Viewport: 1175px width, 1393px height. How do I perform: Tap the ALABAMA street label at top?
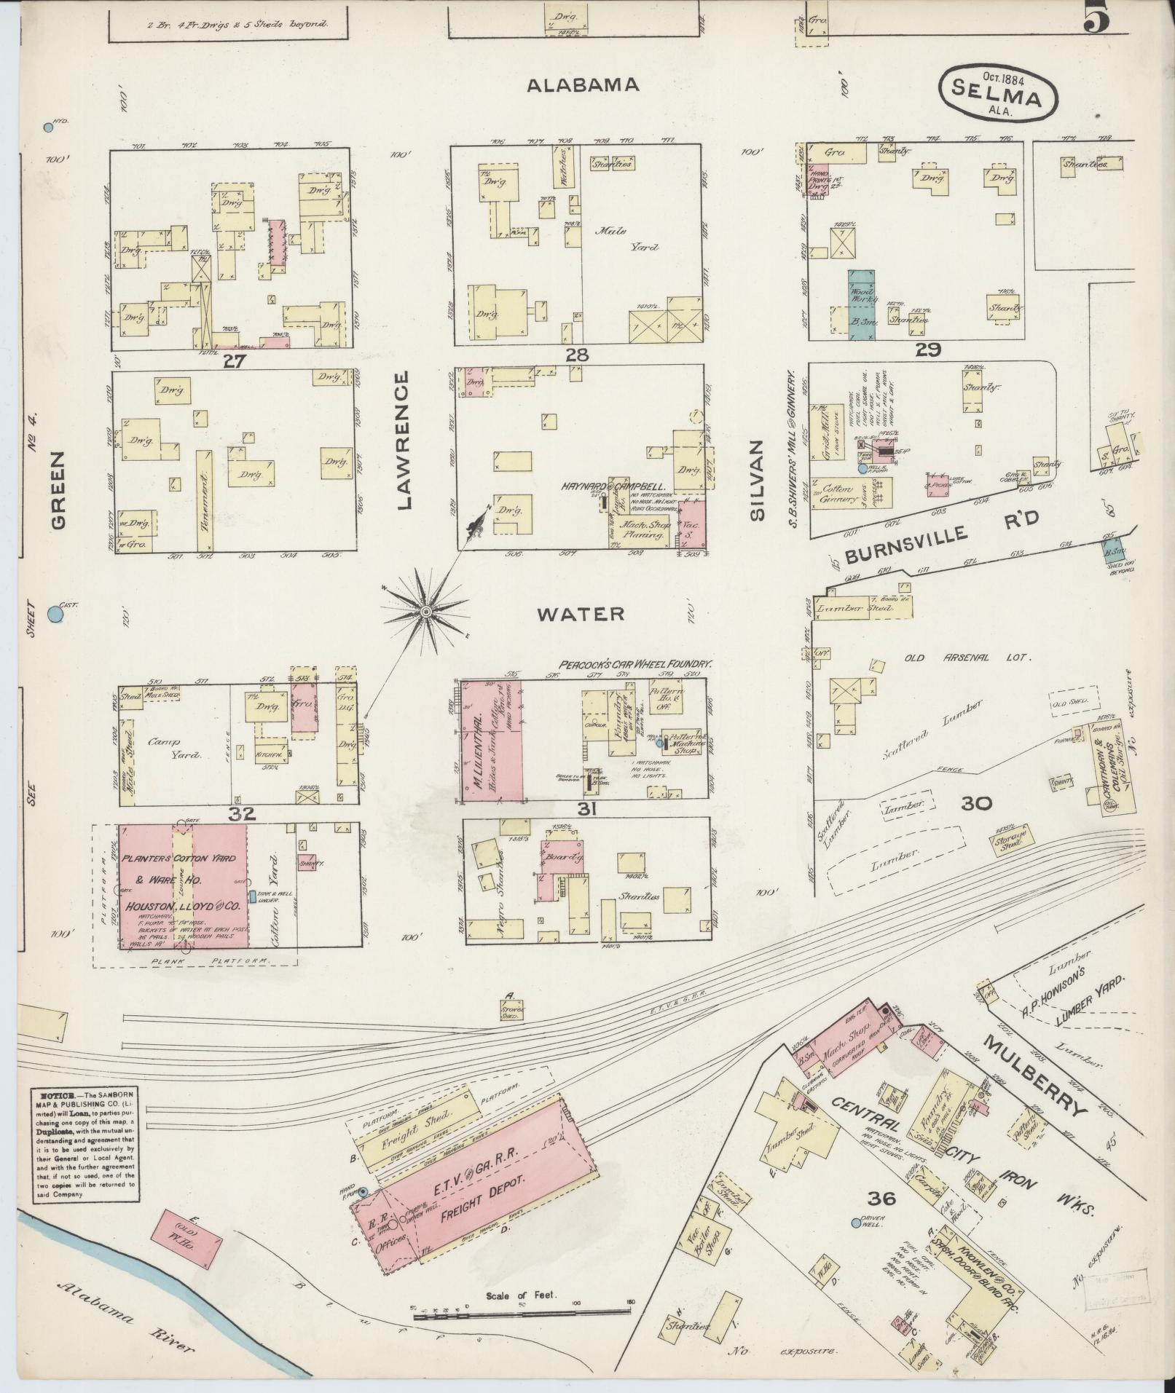tap(583, 85)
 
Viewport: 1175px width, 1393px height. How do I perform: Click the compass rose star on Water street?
tap(425, 613)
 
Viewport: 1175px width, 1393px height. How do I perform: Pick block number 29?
tap(930, 350)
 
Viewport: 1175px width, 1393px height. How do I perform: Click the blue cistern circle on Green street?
tap(55, 615)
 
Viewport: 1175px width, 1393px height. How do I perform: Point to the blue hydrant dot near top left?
tap(49, 127)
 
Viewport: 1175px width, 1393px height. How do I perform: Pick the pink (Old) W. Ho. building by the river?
tap(186, 1239)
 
